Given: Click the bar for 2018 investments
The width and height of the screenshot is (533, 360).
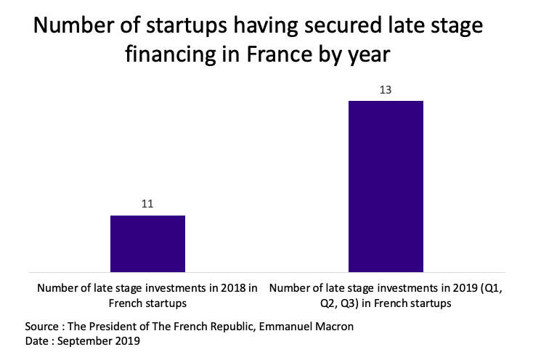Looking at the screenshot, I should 147,244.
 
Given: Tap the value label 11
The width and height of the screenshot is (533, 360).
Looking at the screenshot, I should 147,205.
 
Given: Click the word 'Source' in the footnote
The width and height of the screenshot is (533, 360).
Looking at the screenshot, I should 41,326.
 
